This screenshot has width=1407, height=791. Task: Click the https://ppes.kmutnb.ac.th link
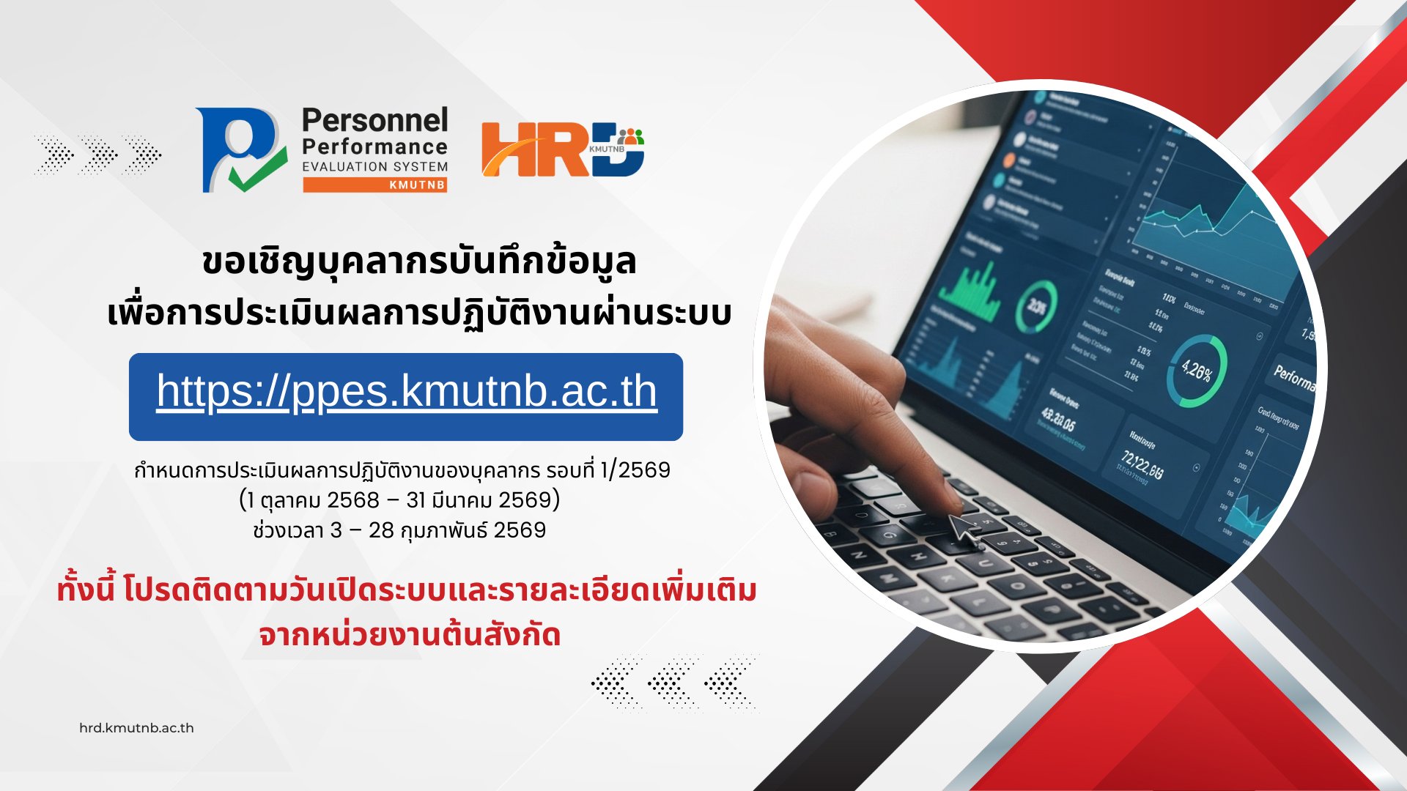407,392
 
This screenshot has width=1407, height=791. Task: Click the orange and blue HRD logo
562,149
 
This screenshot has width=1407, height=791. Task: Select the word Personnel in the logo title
374,121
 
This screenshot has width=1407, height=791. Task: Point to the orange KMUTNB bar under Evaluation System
374,185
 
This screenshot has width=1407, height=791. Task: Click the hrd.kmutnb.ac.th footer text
136,728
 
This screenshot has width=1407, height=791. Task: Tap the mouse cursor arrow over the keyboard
964,530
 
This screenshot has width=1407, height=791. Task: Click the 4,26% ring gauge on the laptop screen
1197,371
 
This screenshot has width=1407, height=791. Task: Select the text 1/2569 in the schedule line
635,469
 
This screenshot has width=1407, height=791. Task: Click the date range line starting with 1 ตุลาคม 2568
399,500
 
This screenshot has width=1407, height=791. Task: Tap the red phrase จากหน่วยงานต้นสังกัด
410,634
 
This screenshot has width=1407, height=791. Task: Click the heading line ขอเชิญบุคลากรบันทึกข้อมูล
418,262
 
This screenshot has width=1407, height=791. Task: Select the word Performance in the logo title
374,146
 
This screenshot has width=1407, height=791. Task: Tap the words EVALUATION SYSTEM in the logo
374,166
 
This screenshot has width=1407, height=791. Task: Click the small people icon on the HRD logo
630,136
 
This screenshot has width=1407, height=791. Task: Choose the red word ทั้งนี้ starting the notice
86,590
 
